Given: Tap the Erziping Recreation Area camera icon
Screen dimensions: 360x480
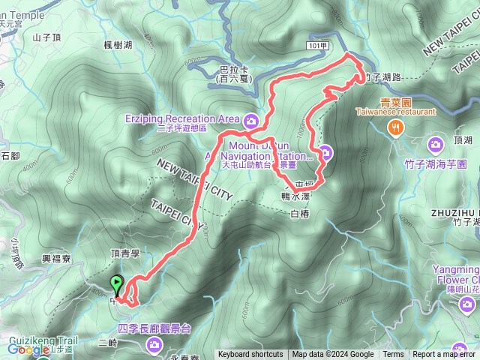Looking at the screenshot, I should click(250, 119).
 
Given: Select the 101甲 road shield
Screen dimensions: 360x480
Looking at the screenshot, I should click(319, 45).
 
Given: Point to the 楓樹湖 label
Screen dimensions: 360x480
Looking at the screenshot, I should click(118, 46).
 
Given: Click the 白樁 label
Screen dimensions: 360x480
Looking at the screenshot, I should click(298, 214).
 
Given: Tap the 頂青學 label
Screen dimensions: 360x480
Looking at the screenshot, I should click(125, 255).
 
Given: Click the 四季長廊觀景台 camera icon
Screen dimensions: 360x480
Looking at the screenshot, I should click(155, 344).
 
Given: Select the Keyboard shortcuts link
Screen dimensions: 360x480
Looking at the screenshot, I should click(250, 355).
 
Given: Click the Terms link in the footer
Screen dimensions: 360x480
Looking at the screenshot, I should click(393, 355).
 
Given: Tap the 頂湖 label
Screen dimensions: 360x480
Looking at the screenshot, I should click(463, 139).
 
